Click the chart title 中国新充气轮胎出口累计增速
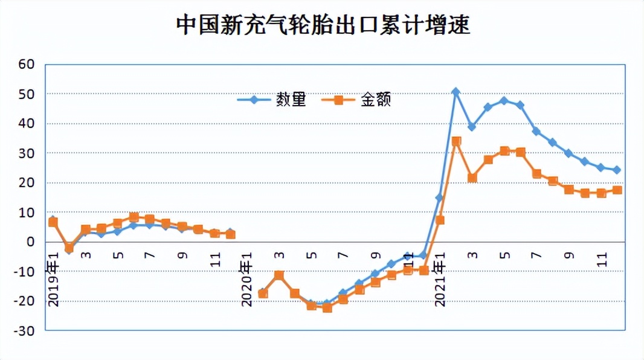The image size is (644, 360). tap(323, 25)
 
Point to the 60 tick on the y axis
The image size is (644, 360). tap(27, 64)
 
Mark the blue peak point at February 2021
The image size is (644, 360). tap(456, 92)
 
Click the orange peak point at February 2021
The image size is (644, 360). tap(456, 141)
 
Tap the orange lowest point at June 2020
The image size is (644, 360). tap(327, 307)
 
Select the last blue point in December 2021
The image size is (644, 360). tap(617, 170)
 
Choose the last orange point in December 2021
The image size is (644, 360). tap(617, 190)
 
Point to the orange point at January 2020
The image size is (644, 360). tap(263, 294)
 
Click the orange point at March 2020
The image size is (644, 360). tap(279, 275)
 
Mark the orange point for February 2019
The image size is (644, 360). tap(69, 247)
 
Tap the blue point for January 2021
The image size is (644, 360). tap(439, 198)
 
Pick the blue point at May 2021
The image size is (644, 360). tap(504, 100)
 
